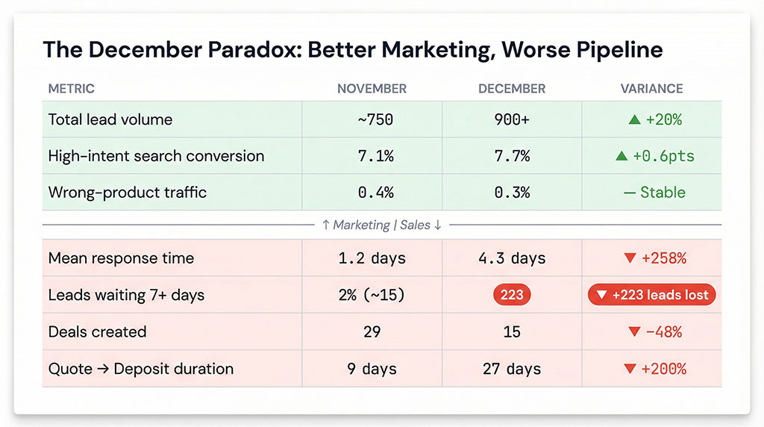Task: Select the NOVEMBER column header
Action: pos(372,89)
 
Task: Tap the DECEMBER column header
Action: pos(512,89)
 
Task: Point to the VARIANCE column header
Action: pos(651,89)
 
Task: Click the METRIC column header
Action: pos(72,89)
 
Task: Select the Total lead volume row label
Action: pos(110,119)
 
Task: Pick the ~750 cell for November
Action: pos(372,119)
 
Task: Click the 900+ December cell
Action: pos(512,119)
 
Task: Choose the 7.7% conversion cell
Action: pos(512,156)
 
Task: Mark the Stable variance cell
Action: pos(654,193)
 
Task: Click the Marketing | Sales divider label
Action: pos(382,225)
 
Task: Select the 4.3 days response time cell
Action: pos(512,259)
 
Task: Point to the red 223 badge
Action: pos(512,295)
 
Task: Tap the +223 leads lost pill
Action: pos(652,295)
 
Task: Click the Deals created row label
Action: pos(97,331)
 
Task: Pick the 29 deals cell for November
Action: pos(372,331)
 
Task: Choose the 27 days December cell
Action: pos(512,369)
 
